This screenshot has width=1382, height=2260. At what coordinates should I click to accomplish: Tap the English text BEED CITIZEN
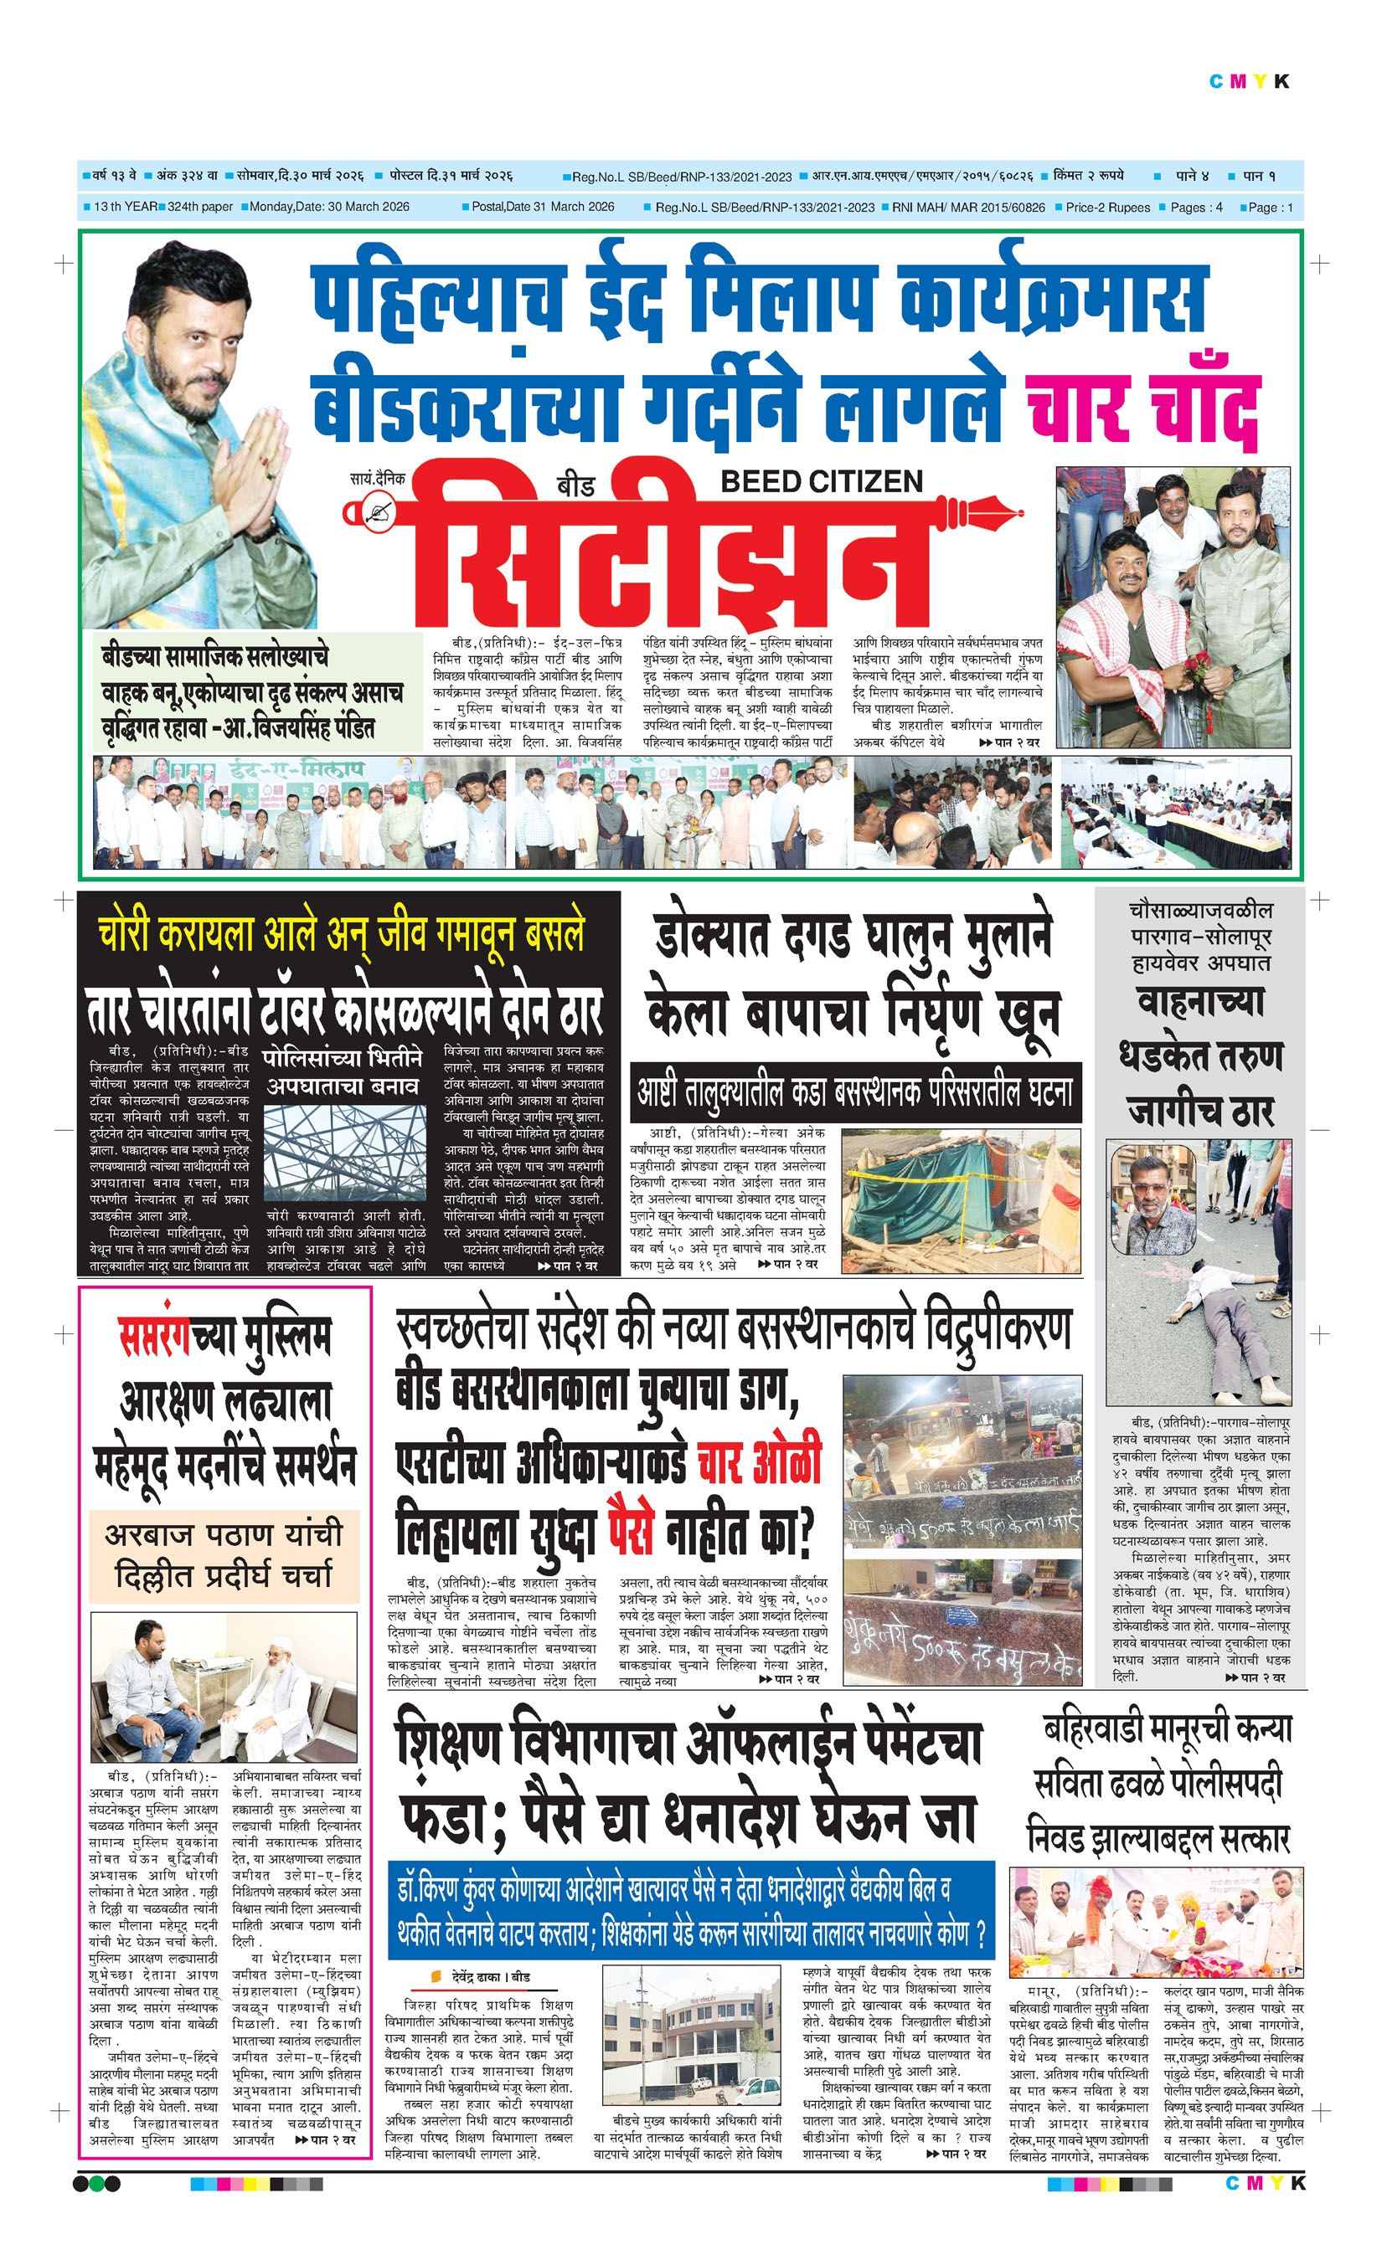click(822, 480)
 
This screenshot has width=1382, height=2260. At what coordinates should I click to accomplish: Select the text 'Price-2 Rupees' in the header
click(1107, 208)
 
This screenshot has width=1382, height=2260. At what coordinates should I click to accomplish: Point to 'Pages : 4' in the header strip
click(1196, 208)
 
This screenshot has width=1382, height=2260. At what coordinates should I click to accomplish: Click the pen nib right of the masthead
click(988, 510)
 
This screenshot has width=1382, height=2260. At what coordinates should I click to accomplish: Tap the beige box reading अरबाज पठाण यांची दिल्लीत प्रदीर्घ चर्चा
click(224, 1554)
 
